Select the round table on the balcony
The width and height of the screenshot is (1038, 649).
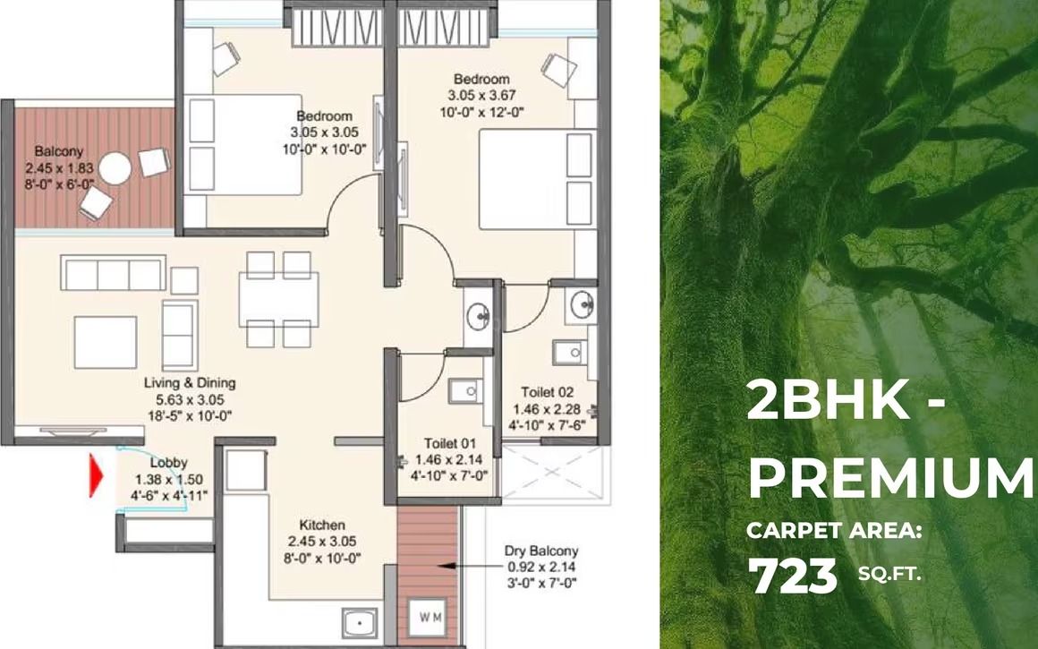pyautogui.click(x=115, y=167)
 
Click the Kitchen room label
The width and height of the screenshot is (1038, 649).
pyautogui.click(x=323, y=525)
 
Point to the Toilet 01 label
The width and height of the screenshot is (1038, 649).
pyautogui.click(x=450, y=443)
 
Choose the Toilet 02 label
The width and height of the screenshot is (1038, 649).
pyautogui.click(x=548, y=392)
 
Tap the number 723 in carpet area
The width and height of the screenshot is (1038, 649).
pyautogui.click(x=792, y=576)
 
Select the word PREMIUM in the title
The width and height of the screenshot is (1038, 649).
pyautogui.click(x=890, y=479)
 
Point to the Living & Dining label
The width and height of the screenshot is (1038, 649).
pyautogui.click(x=190, y=382)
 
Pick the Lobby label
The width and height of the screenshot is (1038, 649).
pyautogui.click(x=168, y=463)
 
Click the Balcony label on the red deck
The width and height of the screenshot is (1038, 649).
pyautogui.click(x=59, y=150)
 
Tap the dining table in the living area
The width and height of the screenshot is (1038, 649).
pyautogui.click(x=277, y=299)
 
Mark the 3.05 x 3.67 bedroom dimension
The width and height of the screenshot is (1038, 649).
pyautogui.click(x=481, y=96)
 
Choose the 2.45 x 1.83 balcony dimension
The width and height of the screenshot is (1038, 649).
pyautogui.click(x=66, y=167)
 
